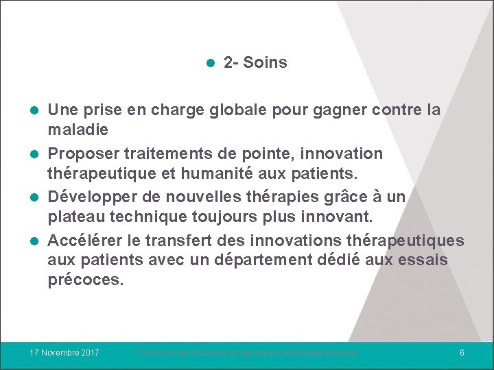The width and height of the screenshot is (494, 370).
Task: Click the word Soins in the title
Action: point(266,63)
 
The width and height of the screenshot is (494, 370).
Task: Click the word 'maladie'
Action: point(78,129)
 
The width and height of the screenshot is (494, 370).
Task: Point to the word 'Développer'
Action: point(89,197)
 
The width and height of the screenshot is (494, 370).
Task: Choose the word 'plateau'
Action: point(73,218)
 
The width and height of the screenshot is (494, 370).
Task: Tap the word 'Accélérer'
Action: point(86,241)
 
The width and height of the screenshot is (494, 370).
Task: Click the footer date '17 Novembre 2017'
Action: point(64,352)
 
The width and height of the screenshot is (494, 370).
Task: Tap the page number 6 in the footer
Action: point(462,352)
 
